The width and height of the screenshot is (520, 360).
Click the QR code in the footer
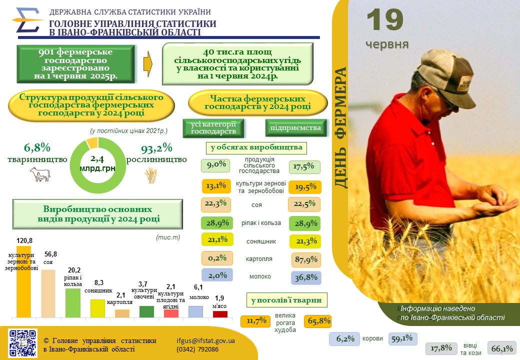[x=23, y=343]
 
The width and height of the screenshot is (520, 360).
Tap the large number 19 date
[x=385, y=20]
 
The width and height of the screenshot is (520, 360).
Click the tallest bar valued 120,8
[x=23, y=281]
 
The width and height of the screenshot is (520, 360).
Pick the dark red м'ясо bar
[x=220, y=314]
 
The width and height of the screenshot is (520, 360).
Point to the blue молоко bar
[x=195, y=311]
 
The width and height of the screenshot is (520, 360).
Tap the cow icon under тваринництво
[x=40, y=174]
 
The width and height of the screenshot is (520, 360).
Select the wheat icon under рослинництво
[x=151, y=175]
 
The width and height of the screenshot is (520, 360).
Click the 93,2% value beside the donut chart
[x=156, y=149]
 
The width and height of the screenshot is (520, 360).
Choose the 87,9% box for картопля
[x=306, y=259]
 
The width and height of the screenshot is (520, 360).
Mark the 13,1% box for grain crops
[x=216, y=186]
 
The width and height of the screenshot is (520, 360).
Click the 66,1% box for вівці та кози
[x=502, y=348]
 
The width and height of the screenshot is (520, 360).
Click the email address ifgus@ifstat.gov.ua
[x=206, y=340]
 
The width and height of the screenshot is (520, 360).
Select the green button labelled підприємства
[x=295, y=127]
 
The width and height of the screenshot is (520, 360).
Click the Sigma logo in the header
[x=26, y=20]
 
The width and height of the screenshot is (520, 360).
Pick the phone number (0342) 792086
[x=197, y=349]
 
